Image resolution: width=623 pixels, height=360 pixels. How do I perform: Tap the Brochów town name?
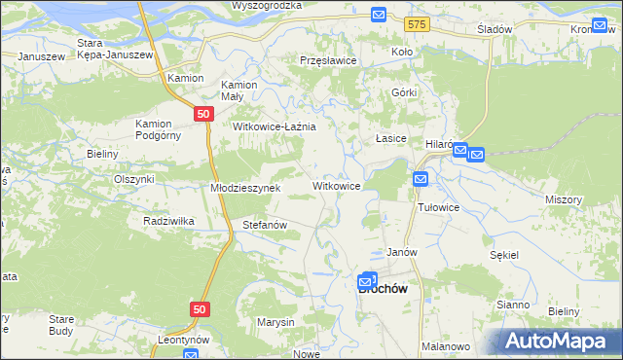[383, 288]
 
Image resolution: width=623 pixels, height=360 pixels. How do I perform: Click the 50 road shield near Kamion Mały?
[202, 114]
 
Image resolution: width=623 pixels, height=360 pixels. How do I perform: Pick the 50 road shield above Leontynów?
[199, 308]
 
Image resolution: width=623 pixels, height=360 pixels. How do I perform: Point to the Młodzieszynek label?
[245, 188]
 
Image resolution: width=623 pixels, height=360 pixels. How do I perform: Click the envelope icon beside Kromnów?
[601, 25]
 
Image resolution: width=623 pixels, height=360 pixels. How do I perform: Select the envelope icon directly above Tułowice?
[420, 178]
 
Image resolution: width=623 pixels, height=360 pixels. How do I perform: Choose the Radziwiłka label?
[168, 221]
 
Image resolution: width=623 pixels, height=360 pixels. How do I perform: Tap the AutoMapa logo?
[556, 341]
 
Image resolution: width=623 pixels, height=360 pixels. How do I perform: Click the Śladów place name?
[495, 29]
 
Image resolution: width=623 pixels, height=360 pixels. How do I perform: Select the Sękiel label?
[505, 253]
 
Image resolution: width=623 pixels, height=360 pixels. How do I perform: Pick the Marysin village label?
[275, 322]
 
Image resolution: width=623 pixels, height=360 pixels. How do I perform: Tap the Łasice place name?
[391, 139]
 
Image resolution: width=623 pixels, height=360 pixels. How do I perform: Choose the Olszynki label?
[134, 179]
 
